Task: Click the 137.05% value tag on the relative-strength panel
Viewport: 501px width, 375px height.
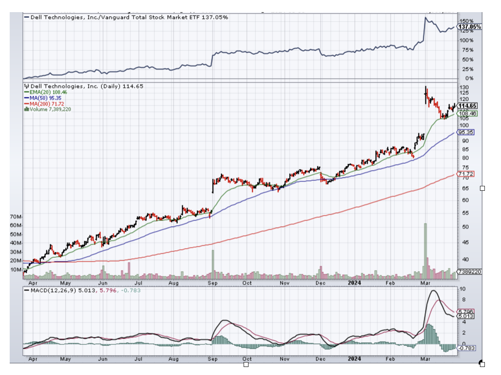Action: point(469,27)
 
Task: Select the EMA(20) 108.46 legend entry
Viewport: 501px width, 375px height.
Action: point(48,92)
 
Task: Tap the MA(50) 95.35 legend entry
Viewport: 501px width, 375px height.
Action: point(46,98)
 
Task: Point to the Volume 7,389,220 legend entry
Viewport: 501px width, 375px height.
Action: point(50,109)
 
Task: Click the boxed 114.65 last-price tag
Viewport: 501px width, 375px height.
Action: point(468,106)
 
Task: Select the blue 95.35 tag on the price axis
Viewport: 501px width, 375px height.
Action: point(465,132)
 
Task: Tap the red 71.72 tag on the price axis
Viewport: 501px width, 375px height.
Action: point(465,174)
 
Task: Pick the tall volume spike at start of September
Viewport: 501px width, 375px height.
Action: point(213,264)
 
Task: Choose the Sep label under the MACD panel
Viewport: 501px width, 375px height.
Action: point(213,359)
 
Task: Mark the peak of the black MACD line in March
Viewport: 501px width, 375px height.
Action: point(434,291)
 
